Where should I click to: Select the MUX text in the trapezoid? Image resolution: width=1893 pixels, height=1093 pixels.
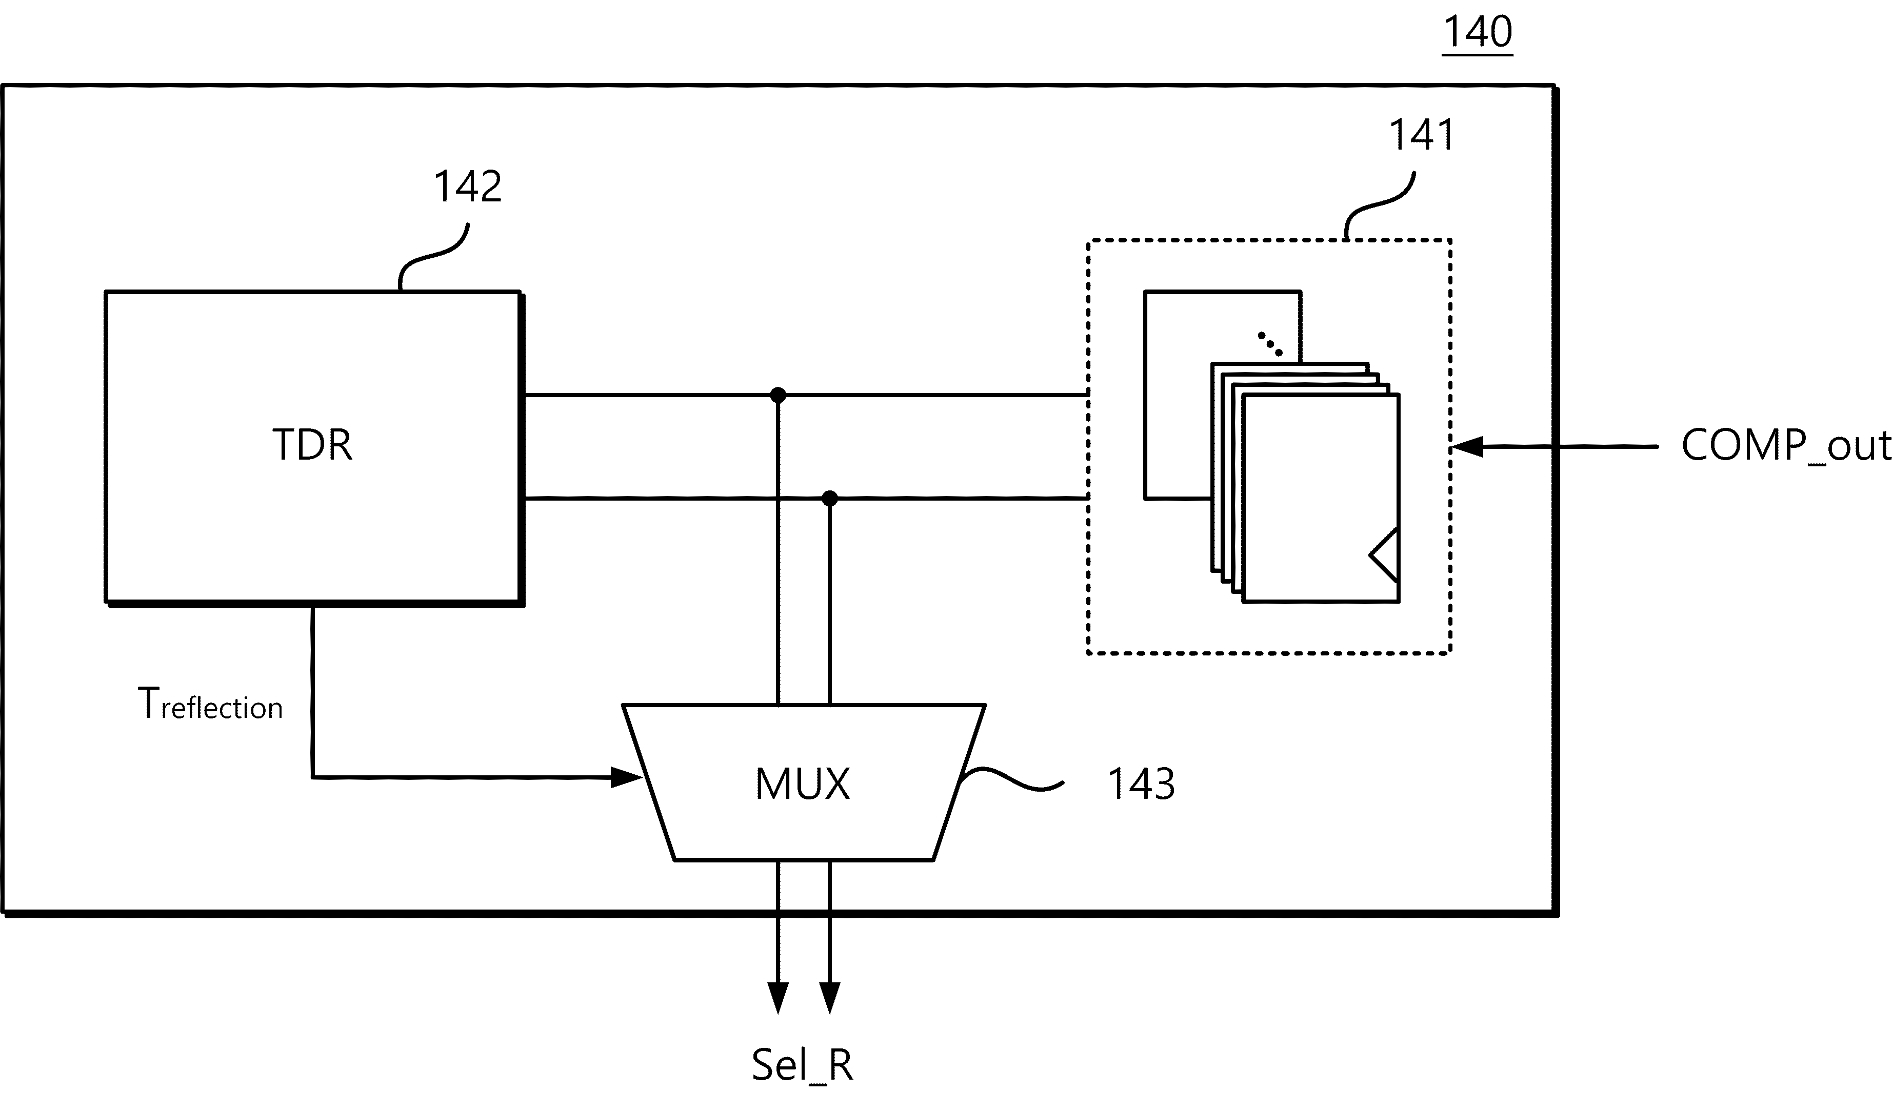tap(802, 785)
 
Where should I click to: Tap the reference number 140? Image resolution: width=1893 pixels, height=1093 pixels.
tap(1477, 32)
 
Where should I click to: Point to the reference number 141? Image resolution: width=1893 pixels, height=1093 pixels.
tap(1421, 135)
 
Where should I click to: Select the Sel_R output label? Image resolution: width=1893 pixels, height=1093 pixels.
tap(802, 1064)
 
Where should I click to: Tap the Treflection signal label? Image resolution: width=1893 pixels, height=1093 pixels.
tap(210, 704)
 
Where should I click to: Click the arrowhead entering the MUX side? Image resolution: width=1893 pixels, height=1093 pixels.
tap(627, 778)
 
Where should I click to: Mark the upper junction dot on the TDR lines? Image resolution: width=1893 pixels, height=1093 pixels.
tap(778, 395)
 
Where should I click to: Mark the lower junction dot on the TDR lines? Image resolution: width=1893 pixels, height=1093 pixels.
tap(829, 499)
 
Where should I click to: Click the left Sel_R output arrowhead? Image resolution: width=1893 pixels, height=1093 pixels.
tap(778, 998)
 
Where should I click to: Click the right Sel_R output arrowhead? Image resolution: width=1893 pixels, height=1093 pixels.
tap(829, 998)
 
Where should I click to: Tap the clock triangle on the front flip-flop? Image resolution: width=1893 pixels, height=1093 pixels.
tap(1384, 555)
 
